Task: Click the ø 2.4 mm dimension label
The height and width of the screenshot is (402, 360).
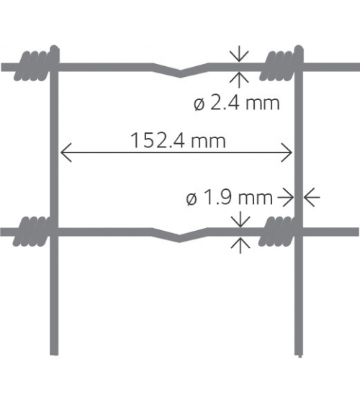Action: [x=236, y=104]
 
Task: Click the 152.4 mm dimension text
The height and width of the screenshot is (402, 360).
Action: [x=178, y=140]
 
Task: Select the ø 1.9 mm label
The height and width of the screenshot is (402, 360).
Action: [x=229, y=198]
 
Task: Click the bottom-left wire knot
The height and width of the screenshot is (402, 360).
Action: [x=35, y=231]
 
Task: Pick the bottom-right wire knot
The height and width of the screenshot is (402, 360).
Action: [x=280, y=231]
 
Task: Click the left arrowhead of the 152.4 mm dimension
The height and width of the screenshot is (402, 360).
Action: [x=66, y=152]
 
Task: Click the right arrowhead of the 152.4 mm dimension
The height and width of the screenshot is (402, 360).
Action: [x=287, y=152]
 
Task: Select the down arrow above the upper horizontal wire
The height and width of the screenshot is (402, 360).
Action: [x=239, y=55]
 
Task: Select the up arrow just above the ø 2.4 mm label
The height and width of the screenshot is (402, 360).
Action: [x=239, y=79]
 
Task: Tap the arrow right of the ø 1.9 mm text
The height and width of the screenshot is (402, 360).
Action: [x=285, y=198]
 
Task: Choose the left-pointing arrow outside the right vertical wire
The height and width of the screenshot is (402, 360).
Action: [x=312, y=198]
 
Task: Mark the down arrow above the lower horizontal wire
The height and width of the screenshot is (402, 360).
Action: [x=240, y=219]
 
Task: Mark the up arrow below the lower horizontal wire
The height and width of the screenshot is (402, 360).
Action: [x=240, y=245]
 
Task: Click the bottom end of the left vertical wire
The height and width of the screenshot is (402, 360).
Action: [x=54, y=355]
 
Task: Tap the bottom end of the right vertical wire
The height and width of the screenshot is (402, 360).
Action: [x=299, y=355]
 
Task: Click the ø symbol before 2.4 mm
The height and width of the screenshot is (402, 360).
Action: [x=199, y=104]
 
